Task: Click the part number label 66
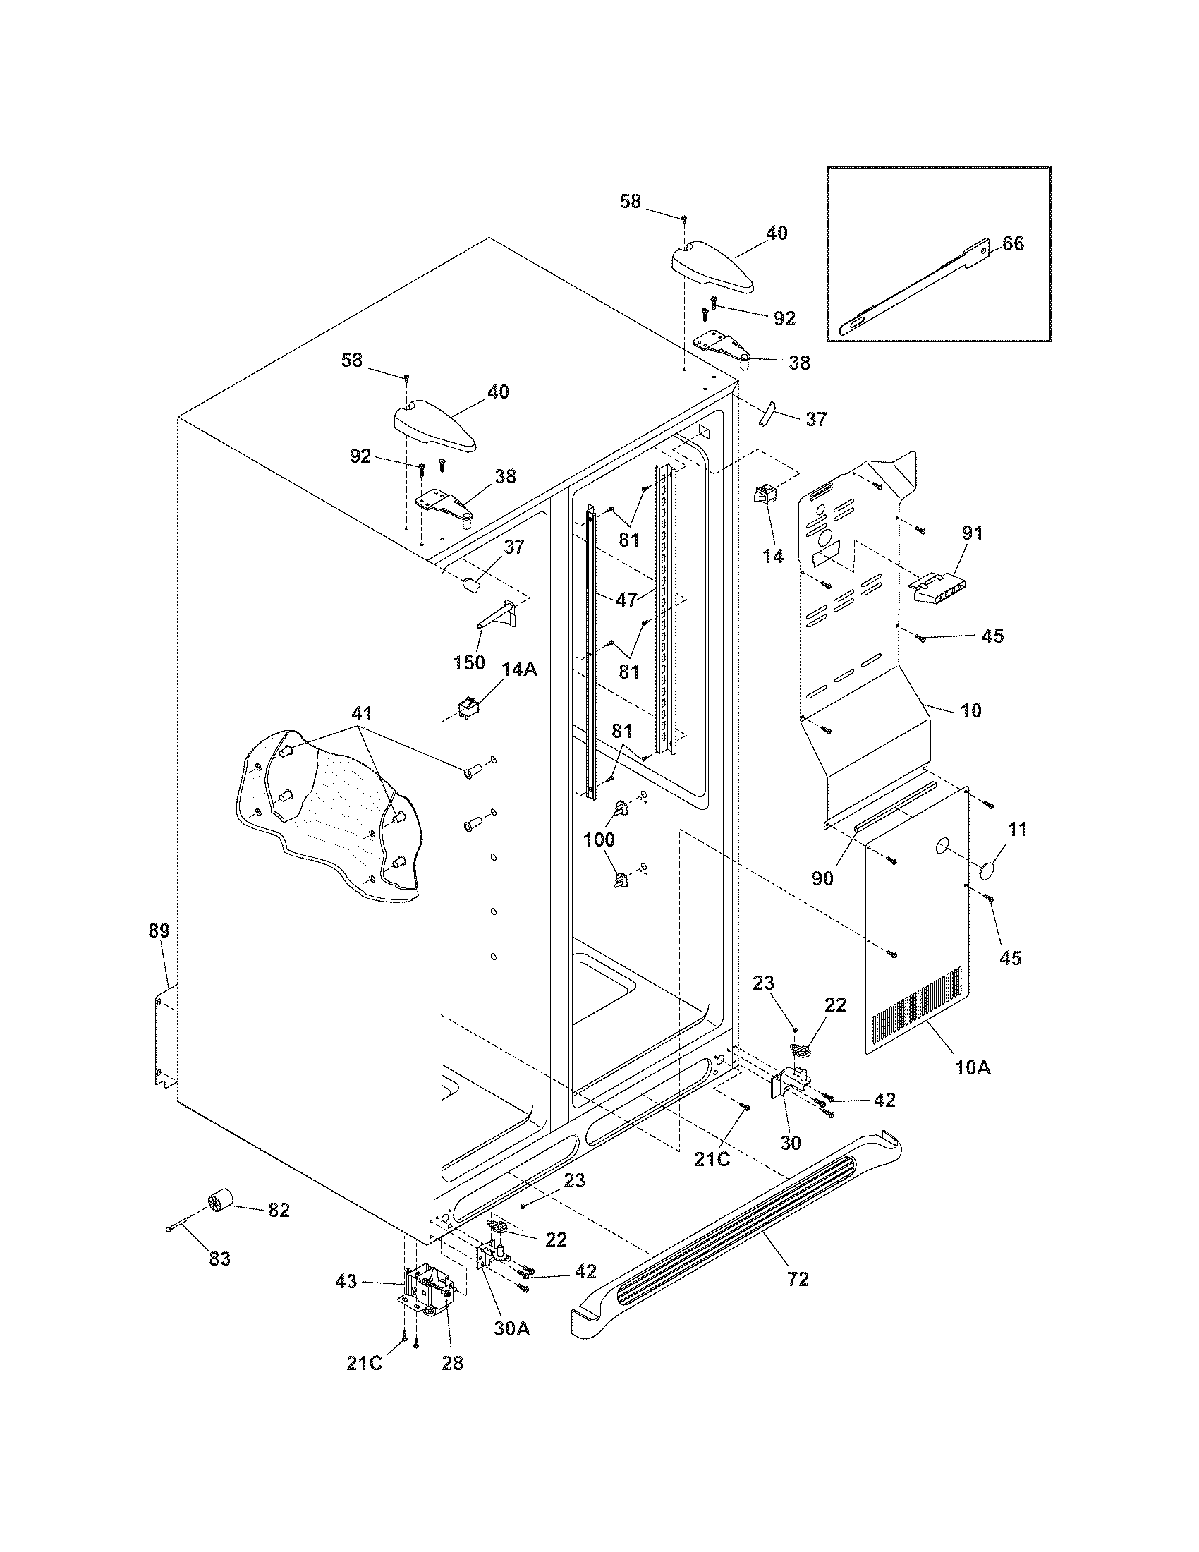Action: [x=1014, y=243]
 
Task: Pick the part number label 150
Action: [x=469, y=662]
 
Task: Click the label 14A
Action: [x=519, y=669]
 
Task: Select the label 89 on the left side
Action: [x=159, y=930]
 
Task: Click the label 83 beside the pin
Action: [x=219, y=1259]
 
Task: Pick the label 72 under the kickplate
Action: [x=798, y=1279]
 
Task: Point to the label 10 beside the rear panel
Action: [x=970, y=710]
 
